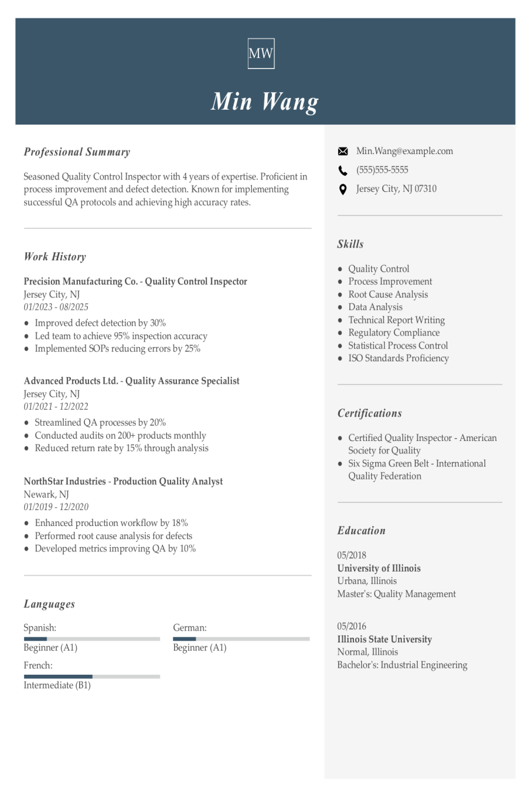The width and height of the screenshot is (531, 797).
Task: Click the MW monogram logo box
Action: [261, 54]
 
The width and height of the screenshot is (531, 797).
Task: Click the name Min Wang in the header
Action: [265, 102]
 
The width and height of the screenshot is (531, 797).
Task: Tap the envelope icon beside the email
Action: [343, 152]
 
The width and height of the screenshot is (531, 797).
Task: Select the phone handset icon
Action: [343, 171]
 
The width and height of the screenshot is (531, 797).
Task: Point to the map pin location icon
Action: [343, 190]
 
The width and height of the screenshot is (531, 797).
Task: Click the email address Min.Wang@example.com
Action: [404, 151]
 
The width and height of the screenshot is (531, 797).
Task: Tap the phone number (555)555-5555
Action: [382, 170]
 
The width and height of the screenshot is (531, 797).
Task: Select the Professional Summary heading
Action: [77, 152]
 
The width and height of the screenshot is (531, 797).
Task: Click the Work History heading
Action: [55, 257]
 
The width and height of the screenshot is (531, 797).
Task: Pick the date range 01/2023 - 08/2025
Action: [56, 307]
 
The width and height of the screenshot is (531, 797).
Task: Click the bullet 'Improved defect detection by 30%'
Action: [100, 323]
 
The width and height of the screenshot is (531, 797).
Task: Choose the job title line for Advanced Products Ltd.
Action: [132, 381]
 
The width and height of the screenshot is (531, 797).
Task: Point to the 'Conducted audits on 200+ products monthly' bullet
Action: [120, 435]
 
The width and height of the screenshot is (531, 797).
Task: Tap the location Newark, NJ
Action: [46, 494]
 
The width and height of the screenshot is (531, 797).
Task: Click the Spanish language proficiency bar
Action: [91, 639]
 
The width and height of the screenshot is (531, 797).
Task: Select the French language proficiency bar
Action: [91, 677]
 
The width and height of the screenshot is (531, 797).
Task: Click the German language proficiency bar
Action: [241, 639]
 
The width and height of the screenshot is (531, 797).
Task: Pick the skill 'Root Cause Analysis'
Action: [388, 294]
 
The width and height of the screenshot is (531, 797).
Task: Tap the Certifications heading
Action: [369, 413]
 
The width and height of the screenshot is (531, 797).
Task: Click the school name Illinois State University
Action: [384, 639]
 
